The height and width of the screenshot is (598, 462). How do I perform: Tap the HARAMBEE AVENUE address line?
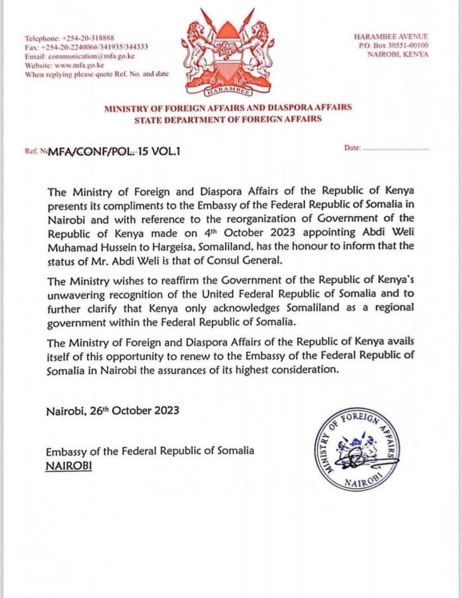point(398,37)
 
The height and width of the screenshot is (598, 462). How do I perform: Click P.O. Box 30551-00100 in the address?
point(398,46)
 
